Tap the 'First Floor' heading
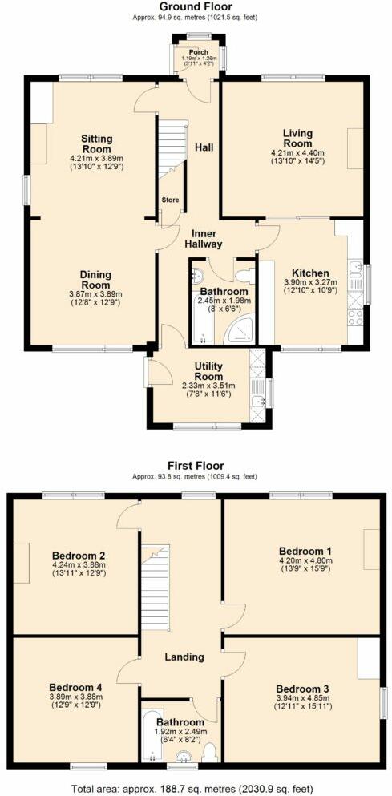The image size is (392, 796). [x=196, y=466]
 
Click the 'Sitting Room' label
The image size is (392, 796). [x=96, y=143]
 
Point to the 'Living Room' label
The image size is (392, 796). [x=297, y=138]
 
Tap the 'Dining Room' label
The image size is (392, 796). [x=95, y=279]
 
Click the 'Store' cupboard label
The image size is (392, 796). [x=170, y=200]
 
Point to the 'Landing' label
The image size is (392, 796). [x=186, y=657]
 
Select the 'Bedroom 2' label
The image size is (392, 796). [x=79, y=555]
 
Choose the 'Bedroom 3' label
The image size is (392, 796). [x=301, y=689]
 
